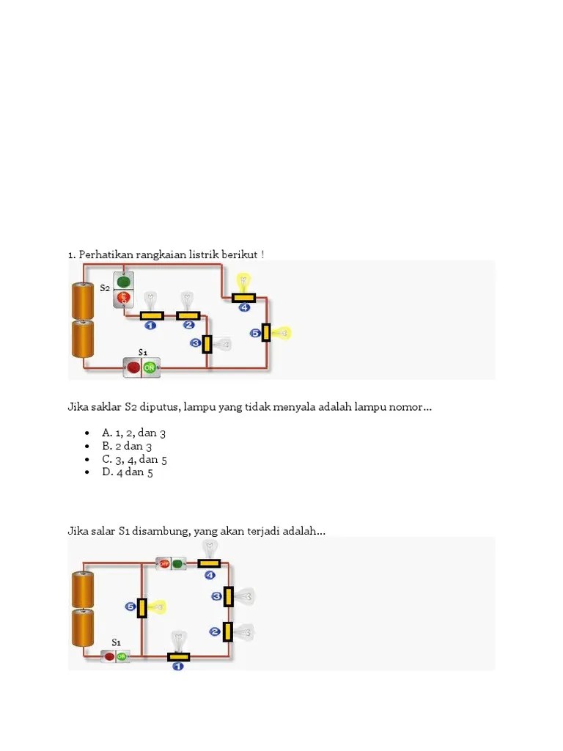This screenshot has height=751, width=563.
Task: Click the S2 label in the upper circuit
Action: pos(105,288)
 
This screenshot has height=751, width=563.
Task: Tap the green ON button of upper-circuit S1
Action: pos(150,367)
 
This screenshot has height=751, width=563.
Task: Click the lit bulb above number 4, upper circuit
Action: pos(243,280)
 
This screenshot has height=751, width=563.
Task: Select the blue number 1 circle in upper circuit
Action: pos(150,326)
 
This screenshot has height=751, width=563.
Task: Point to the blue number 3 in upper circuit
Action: pos(196,342)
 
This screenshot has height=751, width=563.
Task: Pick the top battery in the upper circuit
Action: pos(83,301)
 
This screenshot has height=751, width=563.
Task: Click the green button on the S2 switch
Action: pos(124,281)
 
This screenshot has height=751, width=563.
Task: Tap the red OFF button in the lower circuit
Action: pos(165,563)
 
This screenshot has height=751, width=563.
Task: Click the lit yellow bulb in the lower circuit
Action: pos(157,607)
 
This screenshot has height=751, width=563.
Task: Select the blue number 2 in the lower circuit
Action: pos(215,631)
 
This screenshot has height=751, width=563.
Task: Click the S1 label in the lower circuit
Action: pos(116,642)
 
